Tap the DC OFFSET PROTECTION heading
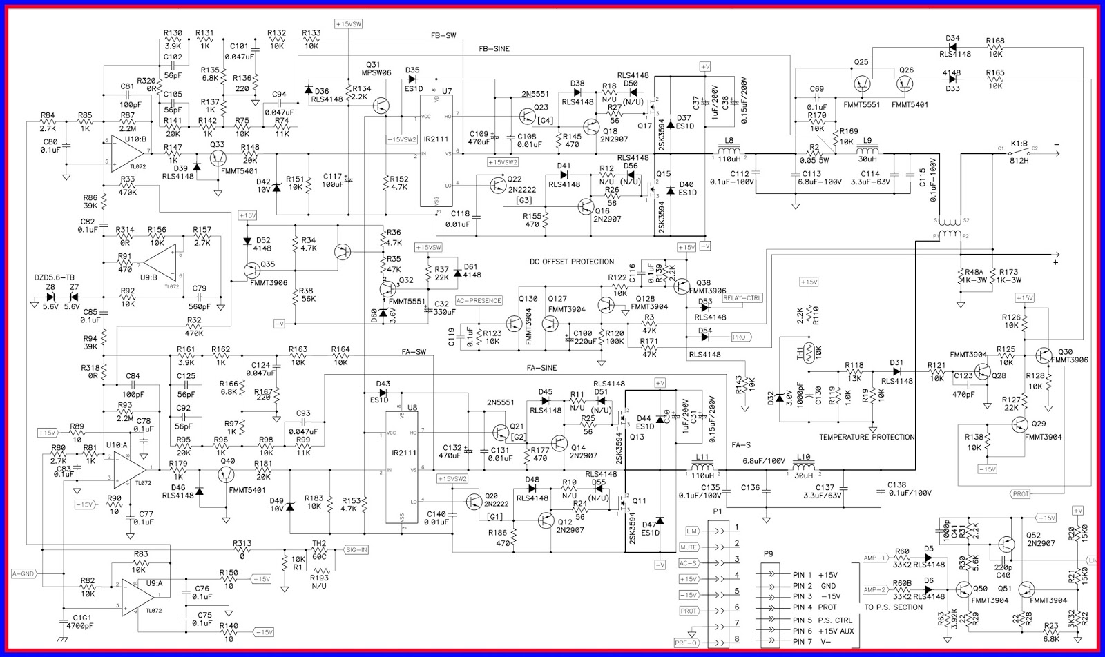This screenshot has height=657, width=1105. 571,262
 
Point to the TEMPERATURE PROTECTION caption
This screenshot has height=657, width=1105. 867,437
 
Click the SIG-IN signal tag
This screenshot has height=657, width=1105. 356,550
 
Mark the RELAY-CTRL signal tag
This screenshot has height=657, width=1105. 742,298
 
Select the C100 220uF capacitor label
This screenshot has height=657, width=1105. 583,333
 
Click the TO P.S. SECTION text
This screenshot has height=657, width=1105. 893,607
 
